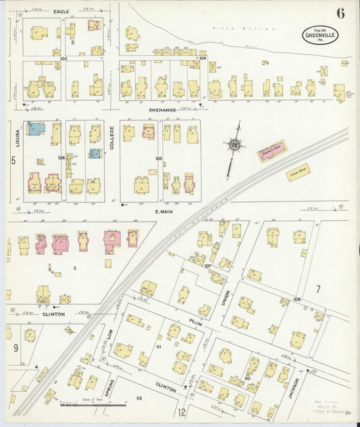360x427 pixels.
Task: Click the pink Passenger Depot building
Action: point(271,151)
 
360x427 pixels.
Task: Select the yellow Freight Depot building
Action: point(298,172)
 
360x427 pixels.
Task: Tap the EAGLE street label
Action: point(62,11)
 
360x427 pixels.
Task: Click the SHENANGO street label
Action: point(162,109)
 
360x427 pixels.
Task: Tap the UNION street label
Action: point(226,298)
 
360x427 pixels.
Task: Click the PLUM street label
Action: point(196,323)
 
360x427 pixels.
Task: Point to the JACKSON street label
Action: point(293,385)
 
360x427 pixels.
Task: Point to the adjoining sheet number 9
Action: point(15,349)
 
